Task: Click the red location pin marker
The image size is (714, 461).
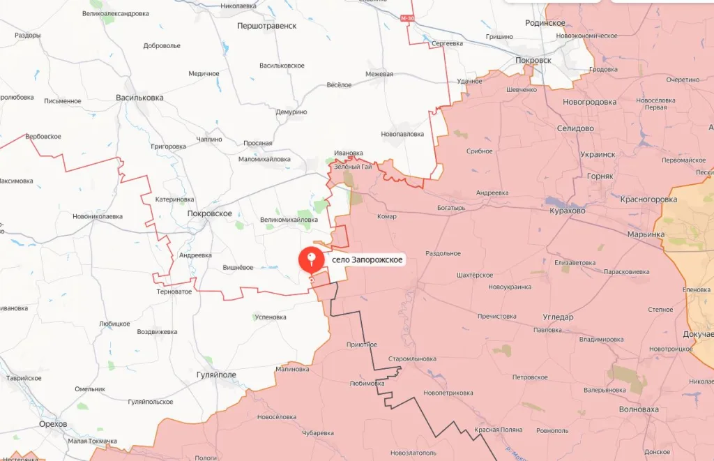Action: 311,260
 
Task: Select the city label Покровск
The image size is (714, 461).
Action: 533,60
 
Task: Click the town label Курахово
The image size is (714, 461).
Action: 567,210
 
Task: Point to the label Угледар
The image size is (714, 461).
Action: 558,317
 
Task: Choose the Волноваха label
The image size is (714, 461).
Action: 638,409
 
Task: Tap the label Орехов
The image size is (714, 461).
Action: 54,424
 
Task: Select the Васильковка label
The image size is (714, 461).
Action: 139,98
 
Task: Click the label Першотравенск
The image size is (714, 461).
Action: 268,26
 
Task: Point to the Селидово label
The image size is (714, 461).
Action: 575,128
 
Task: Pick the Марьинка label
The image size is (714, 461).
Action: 646,234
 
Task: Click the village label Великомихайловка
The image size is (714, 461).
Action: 289,220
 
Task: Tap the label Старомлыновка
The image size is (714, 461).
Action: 412,359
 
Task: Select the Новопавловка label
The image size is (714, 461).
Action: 402,134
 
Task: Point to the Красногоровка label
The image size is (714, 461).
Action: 648,199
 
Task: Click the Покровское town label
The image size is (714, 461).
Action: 209,213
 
